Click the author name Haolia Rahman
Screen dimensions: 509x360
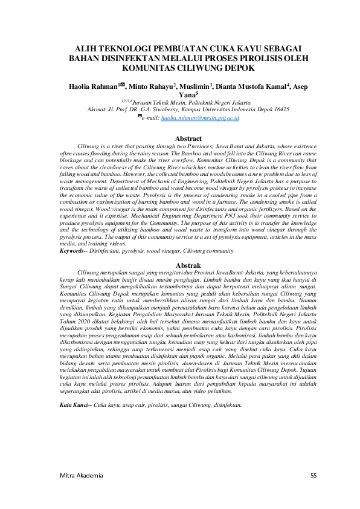pyautogui.click(x=91, y=87)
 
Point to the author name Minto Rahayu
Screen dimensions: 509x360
pyautogui.click(x=150, y=87)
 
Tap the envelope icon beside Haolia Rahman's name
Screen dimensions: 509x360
pyautogui.click(x=123, y=86)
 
